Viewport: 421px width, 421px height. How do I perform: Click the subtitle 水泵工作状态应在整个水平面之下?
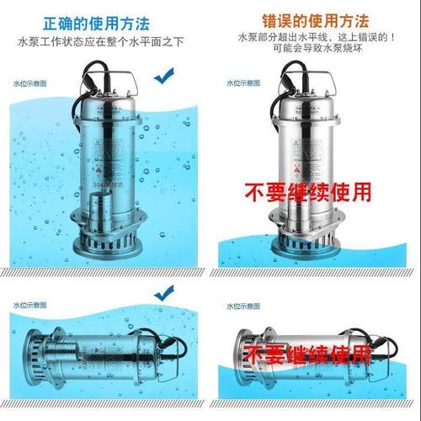104,40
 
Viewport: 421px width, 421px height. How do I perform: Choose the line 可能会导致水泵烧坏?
315,50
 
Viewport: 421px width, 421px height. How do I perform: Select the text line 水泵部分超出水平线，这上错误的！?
315,38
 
